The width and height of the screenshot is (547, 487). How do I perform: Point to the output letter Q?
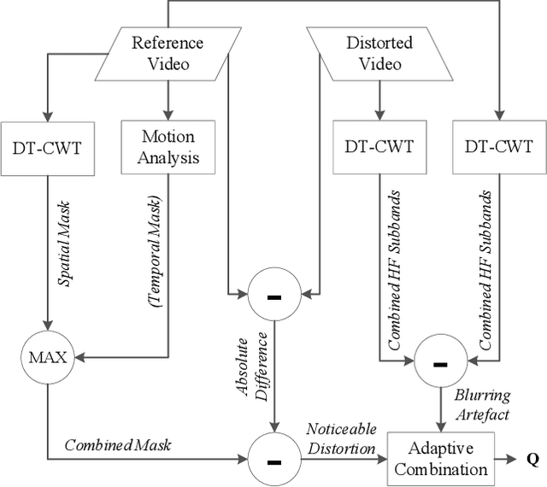tap(532, 459)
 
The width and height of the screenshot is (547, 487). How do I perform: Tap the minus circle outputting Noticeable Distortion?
tap(274, 460)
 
